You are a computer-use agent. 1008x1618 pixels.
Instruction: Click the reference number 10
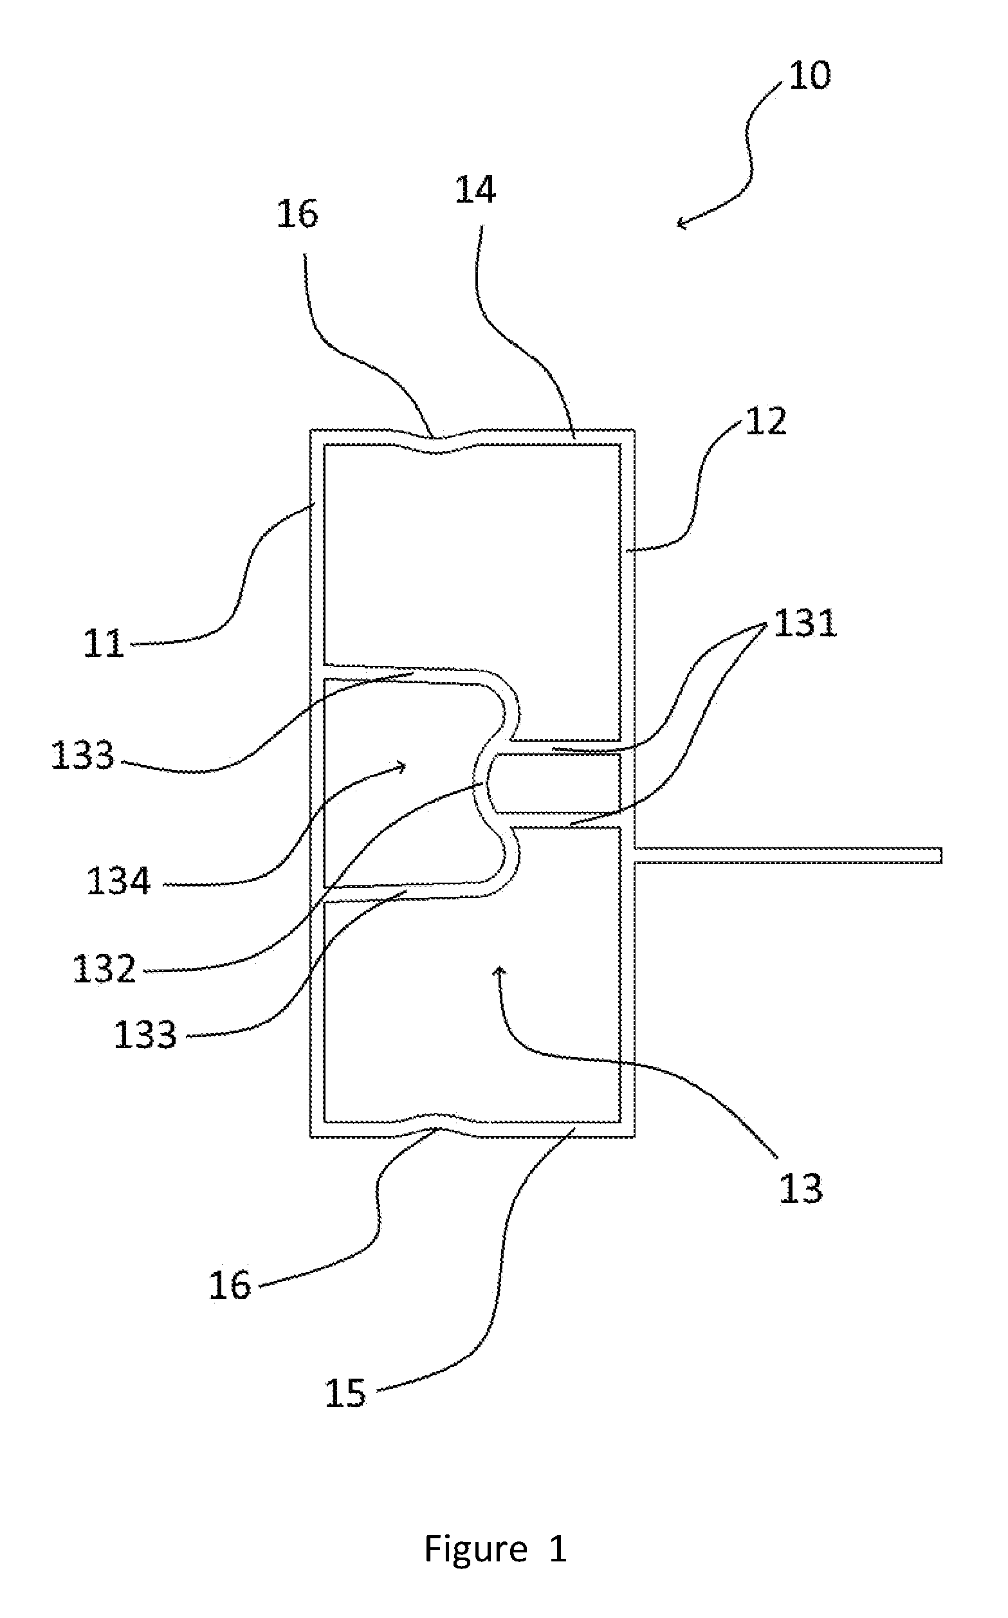810,75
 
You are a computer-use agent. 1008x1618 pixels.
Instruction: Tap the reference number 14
475,190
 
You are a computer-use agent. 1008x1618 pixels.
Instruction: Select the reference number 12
765,422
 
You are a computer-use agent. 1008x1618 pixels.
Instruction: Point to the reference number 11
104,644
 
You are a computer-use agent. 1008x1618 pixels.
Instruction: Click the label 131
805,624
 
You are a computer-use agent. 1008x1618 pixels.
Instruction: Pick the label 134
118,881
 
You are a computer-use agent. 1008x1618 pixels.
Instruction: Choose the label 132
104,969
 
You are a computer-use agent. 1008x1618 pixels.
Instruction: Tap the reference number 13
801,1189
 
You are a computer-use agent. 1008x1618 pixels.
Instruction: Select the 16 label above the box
297,215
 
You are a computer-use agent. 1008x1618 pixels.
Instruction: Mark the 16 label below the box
230,1285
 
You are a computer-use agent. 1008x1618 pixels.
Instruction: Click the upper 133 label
83,756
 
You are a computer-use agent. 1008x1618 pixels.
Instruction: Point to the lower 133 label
145,1035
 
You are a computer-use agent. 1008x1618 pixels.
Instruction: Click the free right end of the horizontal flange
941,856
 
